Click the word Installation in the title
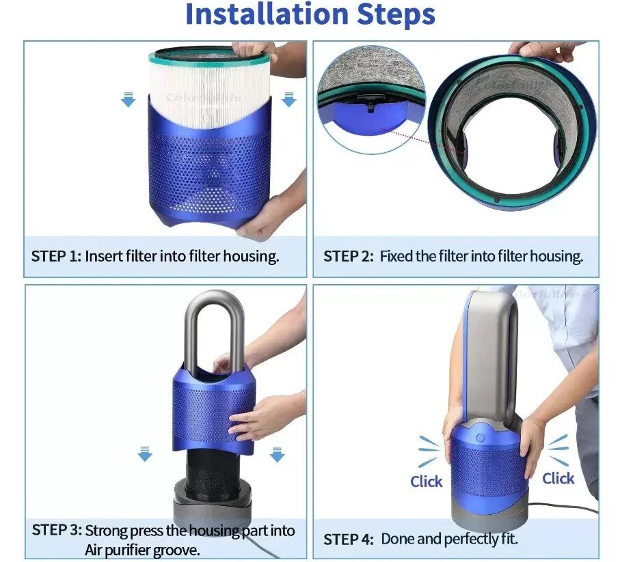(267, 14)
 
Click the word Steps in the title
(396, 15)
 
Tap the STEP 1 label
(56, 256)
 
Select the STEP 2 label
(348, 256)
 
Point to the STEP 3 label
(57, 530)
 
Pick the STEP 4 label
(349, 539)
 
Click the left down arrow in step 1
(128, 99)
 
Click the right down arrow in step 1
(289, 99)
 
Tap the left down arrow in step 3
(145, 454)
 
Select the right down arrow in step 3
(277, 454)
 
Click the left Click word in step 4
(427, 481)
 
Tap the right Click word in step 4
(558, 478)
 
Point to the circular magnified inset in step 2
(372, 99)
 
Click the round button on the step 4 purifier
(480, 438)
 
